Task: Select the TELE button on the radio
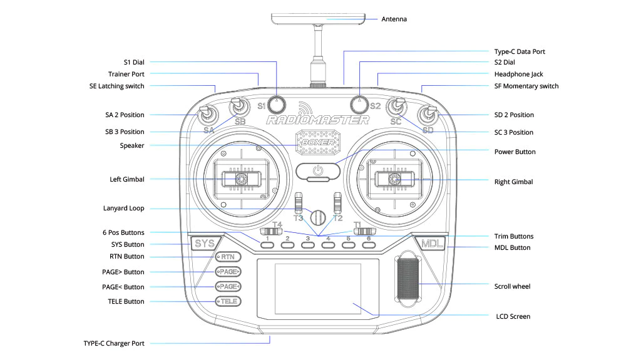click(x=228, y=301)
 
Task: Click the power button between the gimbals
click(x=318, y=170)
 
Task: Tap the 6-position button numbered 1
click(x=267, y=245)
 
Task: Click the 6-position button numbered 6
click(x=369, y=245)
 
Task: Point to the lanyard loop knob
click(x=318, y=217)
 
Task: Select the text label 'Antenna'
click(x=394, y=19)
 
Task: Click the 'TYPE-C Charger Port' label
click(x=114, y=343)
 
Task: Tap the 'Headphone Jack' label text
click(x=518, y=74)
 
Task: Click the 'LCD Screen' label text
click(x=512, y=316)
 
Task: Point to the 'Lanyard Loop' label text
click(x=123, y=208)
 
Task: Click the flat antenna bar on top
click(x=318, y=19)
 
